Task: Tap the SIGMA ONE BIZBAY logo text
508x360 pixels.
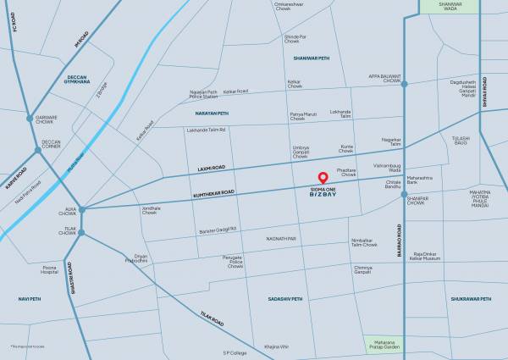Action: coord(322,192)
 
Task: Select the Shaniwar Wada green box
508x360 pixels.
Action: coord(440,6)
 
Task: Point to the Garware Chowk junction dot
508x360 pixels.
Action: coord(30,118)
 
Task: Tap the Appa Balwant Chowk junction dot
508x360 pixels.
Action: coord(404,84)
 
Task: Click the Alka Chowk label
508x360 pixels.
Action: coord(66,212)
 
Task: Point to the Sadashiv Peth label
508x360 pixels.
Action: coord(285,299)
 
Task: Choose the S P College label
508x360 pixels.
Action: coord(235,352)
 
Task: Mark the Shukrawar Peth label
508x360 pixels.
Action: coord(472,299)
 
